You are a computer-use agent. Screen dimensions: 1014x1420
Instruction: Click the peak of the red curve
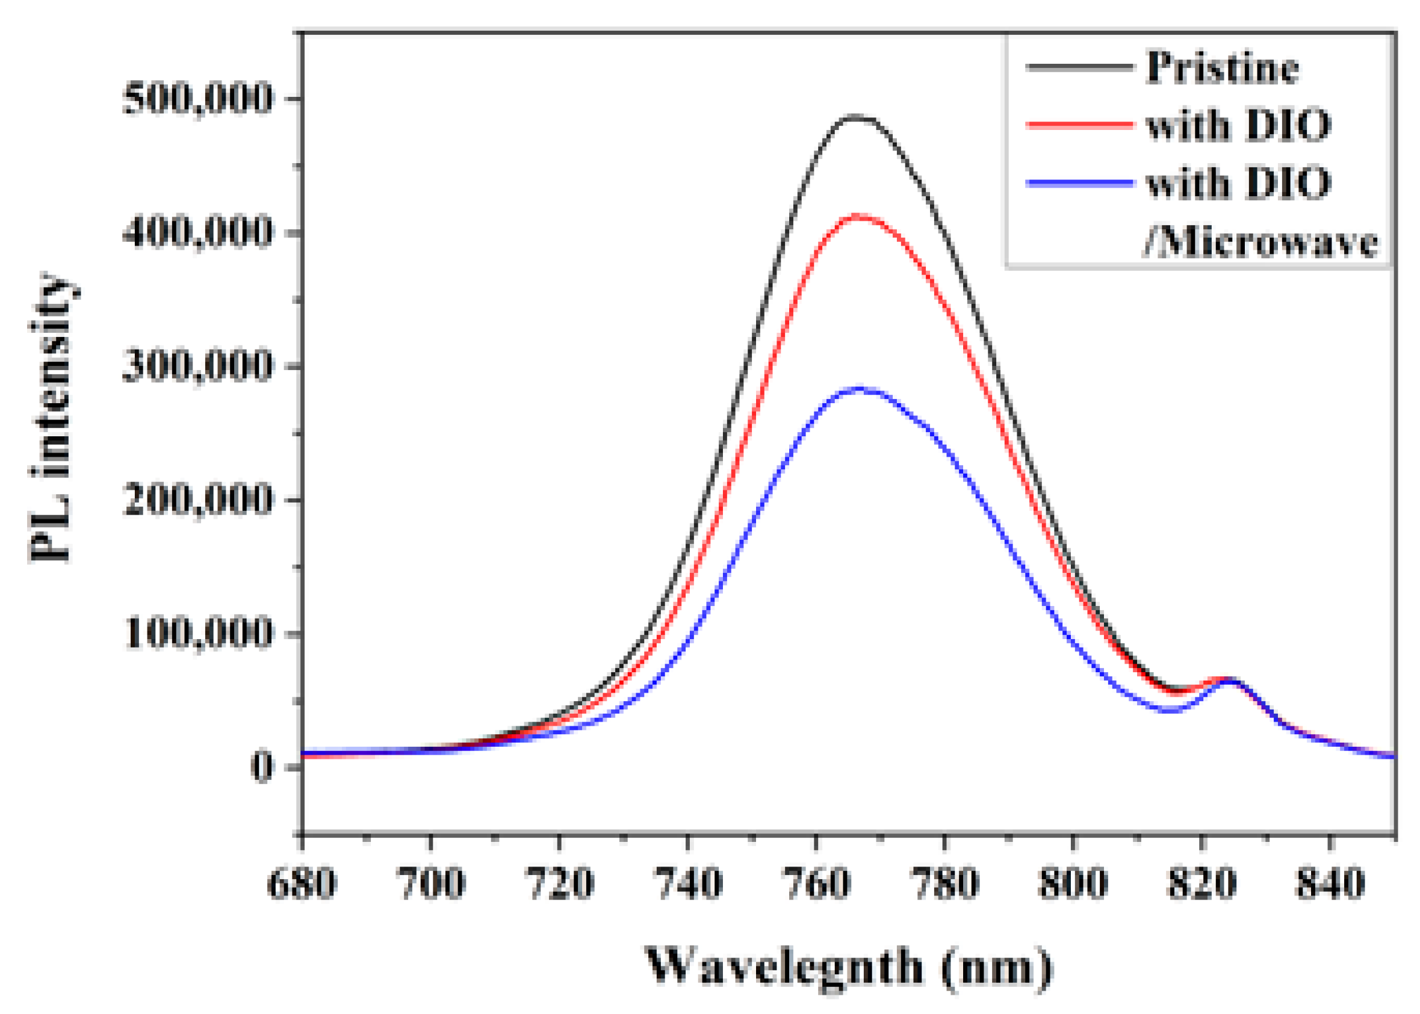pos(859,216)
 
